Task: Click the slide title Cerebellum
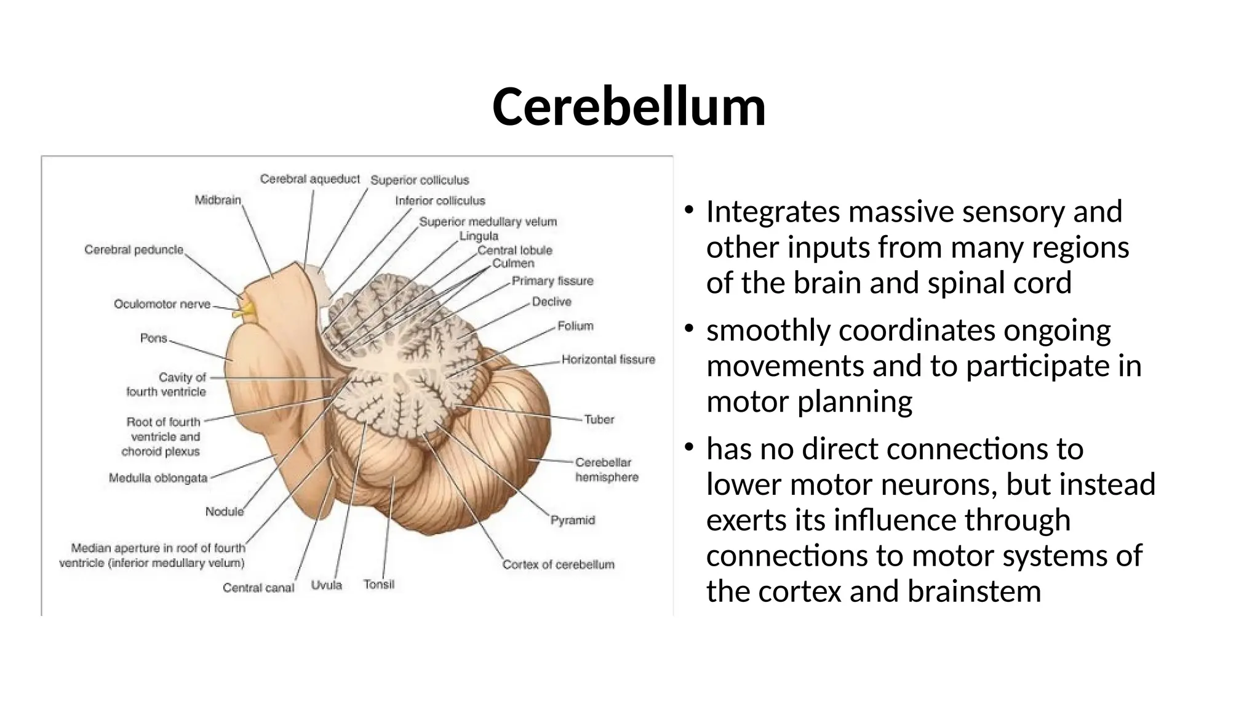pos(629,107)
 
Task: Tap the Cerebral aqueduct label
pos(309,179)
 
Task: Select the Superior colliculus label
pos(420,180)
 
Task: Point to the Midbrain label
pos(218,200)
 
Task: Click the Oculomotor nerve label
pos(162,304)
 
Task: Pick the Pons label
pos(154,338)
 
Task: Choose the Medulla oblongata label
pos(158,478)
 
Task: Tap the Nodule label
pos(225,511)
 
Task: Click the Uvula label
pos(326,585)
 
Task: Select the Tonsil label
pos(378,584)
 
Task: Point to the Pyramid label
pos(572,520)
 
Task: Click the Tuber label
pos(599,419)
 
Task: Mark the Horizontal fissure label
pos(608,359)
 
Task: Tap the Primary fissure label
pos(552,281)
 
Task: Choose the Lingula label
pos(479,236)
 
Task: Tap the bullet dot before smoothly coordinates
pos(690,328)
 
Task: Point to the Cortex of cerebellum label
pos(558,564)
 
